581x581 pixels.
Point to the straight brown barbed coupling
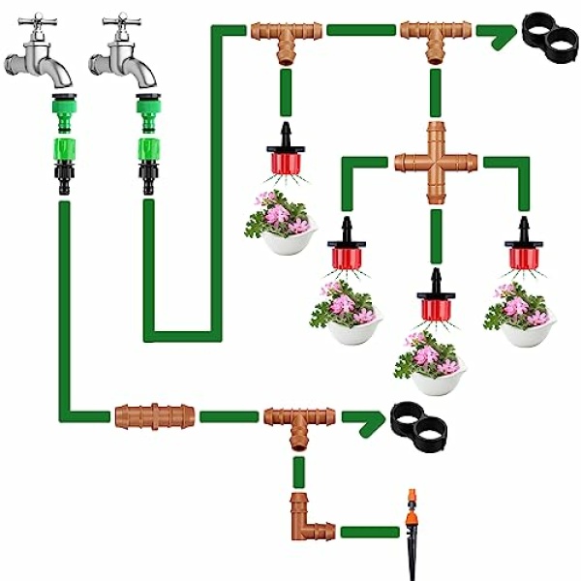coord(154,417)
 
